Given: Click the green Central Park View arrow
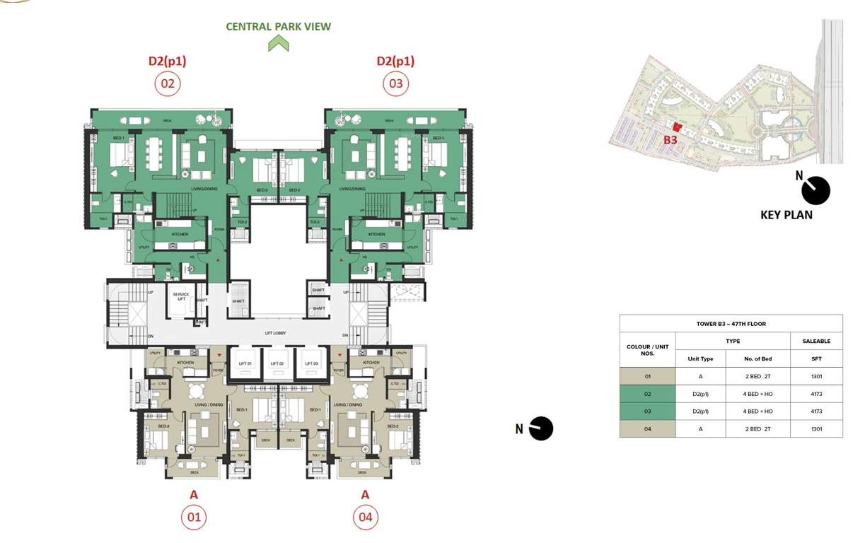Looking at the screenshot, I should tap(279, 43).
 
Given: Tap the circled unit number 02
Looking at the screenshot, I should tap(168, 84).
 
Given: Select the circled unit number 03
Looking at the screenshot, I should tap(395, 84).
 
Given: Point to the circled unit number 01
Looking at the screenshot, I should tap(194, 518).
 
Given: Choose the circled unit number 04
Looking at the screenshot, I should tap(365, 518).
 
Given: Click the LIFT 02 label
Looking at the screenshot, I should tap(277, 363).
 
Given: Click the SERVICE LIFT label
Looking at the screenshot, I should tap(180, 297).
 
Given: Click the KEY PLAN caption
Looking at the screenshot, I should tap(786, 215).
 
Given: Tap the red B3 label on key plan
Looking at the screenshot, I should tap(670, 140).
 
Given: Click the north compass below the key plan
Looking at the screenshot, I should tap(815, 189).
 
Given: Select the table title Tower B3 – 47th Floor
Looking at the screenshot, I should tap(731, 324).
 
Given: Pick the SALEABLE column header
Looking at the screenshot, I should tap(816, 341).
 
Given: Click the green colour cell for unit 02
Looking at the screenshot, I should tap(647, 394).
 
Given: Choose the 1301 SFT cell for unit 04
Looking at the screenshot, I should tap(816, 428).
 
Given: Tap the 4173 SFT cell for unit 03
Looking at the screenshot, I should tap(816, 411).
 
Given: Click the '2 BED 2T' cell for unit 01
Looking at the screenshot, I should tap(757, 376).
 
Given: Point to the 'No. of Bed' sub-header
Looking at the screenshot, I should tap(757, 358).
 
